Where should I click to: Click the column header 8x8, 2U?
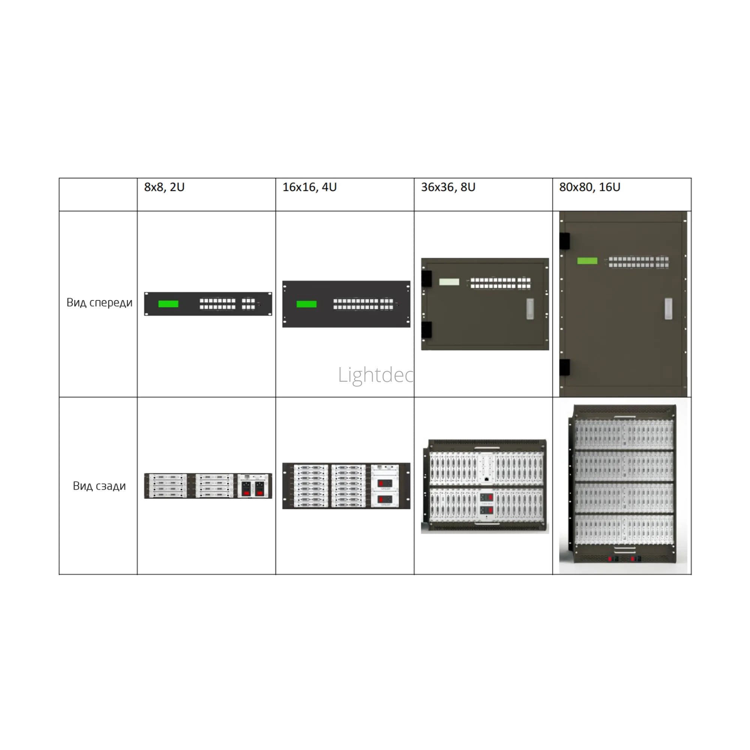coord(164,187)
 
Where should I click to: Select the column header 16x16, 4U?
coord(309,187)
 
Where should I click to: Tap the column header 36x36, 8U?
coord(448,187)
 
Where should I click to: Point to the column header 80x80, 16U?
coord(589,187)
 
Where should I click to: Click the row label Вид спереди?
coord(99,302)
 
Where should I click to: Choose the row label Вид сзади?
coord(99,486)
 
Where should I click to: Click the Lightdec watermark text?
coord(375,375)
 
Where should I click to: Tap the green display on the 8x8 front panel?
coord(168,304)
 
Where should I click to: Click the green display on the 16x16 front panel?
coord(307,304)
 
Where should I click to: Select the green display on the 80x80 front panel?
coord(587,261)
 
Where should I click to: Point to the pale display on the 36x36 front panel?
coord(449,282)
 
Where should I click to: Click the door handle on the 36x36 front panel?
coord(530,309)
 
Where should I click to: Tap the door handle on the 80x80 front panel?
coord(668,309)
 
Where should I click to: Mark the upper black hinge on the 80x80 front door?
coord(564,241)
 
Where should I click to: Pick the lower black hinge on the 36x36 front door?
coord(426,330)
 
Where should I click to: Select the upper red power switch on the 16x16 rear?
coord(385,484)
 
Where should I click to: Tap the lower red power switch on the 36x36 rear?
coord(486,510)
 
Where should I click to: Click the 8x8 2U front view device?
coord(208,304)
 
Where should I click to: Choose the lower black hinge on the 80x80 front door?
coord(564,367)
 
